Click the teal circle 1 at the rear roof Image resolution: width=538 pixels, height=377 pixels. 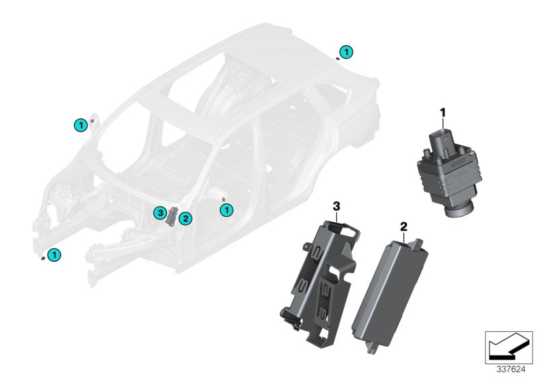(x=346, y=52)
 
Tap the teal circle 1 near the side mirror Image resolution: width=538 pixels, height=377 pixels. (x=81, y=125)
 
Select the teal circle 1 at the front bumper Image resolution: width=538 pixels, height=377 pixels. (x=54, y=255)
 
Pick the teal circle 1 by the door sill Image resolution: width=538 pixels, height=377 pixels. (x=226, y=210)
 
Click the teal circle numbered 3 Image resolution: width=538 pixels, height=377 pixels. (x=160, y=213)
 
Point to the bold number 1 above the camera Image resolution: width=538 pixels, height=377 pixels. (x=443, y=112)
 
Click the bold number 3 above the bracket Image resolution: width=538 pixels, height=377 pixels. (x=336, y=207)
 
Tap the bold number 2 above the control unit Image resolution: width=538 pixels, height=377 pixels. (x=403, y=227)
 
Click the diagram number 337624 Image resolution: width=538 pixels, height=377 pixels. (x=511, y=370)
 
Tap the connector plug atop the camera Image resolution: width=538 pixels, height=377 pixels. (x=443, y=141)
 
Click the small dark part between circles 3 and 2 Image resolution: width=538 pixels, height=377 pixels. (x=171, y=216)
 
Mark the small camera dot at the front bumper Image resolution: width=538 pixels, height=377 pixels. (x=42, y=259)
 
